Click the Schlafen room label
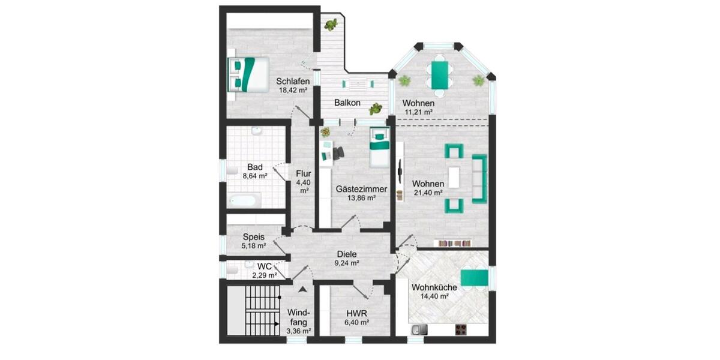(293, 82)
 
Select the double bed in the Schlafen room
(248, 73)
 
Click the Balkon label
(347, 103)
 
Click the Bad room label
(255, 167)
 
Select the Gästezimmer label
(361, 189)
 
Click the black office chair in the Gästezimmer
(338, 153)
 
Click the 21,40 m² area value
(428, 193)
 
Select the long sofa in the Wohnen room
(479, 178)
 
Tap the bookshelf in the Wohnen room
(455, 243)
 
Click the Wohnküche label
(434, 287)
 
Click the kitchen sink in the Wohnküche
(419, 329)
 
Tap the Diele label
(347, 253)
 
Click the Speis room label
(254, 236)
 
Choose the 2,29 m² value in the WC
(263, 275)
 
